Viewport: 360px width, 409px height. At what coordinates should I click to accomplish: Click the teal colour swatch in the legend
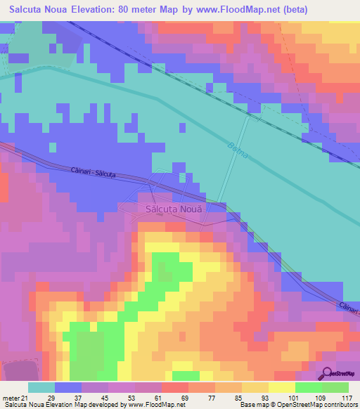[x=41, y=387]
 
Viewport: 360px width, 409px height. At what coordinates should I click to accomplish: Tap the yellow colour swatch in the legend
[x=281, y=387]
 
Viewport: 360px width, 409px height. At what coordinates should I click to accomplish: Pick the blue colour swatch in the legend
[x=68, y=387]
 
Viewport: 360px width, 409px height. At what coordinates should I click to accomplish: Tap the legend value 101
[x=292, y=397]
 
